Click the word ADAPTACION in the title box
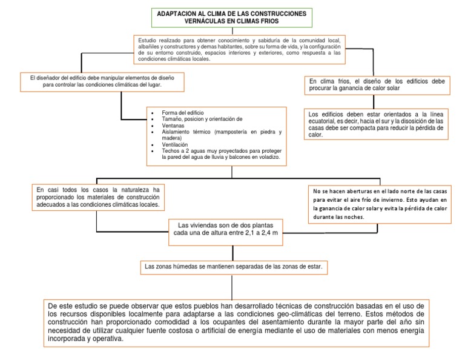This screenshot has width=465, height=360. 178,13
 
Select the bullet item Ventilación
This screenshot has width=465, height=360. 176,145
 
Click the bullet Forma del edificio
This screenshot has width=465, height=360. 183,113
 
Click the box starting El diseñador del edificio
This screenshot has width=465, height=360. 102,82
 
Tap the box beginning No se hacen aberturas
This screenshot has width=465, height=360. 380,204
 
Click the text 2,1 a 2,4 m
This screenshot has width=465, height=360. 257,233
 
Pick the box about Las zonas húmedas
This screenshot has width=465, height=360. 233,266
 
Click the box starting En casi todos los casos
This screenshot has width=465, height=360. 97,198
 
